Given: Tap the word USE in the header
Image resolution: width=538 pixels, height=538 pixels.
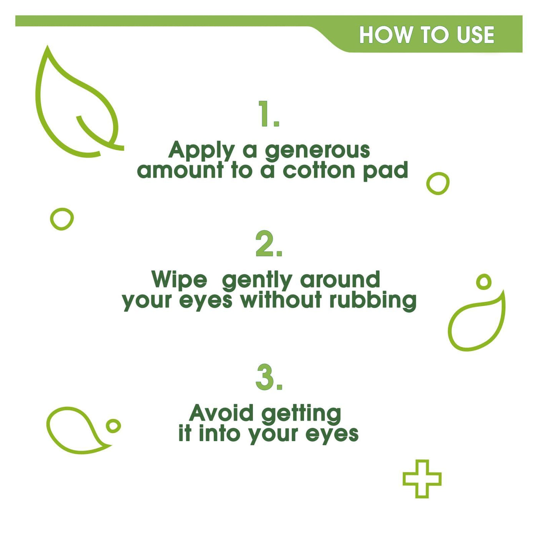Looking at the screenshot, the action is tap(475, 35).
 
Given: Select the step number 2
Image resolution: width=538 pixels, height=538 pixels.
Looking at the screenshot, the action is tap(269, 243).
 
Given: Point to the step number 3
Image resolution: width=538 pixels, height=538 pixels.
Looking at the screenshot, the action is tap(269, 376).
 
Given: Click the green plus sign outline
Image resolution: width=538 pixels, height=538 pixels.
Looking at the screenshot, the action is tap(422, 478).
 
